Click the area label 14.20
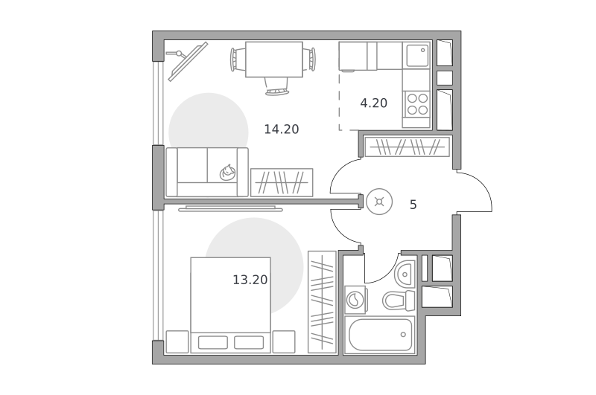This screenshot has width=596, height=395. (282, 129)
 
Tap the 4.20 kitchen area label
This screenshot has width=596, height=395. (374, 103)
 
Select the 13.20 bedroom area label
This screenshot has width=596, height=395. (250, 280)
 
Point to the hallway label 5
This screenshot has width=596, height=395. (413, 205)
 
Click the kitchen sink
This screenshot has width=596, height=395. (417, 55)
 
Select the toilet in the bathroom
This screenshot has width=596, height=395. (399, 301)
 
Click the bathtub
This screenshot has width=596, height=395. (380, 335)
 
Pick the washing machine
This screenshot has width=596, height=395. (356, 300)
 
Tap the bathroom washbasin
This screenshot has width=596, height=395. (405, 274)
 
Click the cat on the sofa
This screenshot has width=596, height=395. (228, 173)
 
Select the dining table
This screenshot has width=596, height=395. (274, 60)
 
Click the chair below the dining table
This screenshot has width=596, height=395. (276, 86)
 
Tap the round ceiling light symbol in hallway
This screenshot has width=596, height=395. (379, 202)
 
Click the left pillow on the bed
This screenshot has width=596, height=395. (213, 342)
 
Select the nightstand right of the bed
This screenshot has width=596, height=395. (284, 342)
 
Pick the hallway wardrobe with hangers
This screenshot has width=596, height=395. (407, 147)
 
